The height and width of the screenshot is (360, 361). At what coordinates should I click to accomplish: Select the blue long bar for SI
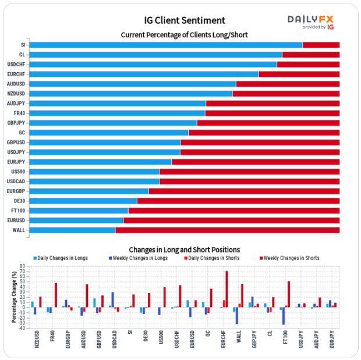[x=165, y=45]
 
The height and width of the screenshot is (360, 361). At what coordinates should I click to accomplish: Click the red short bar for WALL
[x=227, y=230]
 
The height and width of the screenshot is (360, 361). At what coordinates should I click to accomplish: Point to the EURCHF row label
[x=16, y=74]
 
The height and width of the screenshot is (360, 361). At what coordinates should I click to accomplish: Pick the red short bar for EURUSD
[x=231, y=220]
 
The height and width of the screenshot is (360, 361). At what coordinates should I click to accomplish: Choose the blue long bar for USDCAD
[x=94, y=181]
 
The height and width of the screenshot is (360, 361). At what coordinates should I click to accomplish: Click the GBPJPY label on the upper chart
[x=16, y=123]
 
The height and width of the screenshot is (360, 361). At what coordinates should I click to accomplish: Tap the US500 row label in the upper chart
[x=18, y=172]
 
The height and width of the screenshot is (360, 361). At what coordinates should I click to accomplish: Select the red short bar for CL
[x=310, y=55]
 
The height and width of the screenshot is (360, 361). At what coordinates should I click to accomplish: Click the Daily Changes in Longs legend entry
[x=61, y=258]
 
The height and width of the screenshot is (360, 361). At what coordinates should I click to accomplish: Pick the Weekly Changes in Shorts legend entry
[x=289, y=258]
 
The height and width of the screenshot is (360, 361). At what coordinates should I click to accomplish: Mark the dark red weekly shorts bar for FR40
[x=56, y=295]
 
